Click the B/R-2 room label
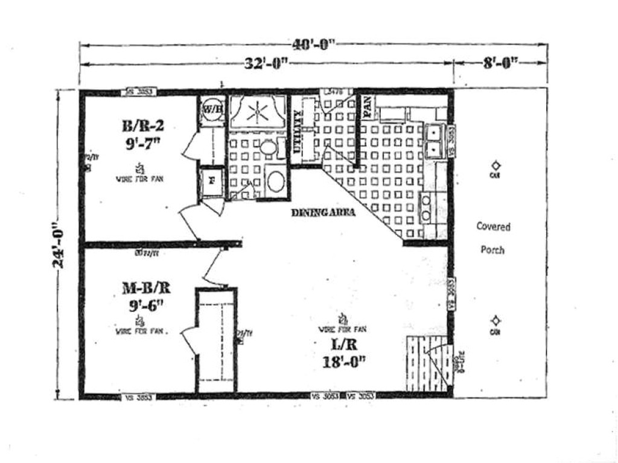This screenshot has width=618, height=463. [143, 126]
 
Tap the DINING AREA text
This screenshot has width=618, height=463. [323, 212]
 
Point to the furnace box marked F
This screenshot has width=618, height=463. [211, 180]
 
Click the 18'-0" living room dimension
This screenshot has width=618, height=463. [343, 363]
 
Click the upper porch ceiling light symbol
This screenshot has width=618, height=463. [495, 165]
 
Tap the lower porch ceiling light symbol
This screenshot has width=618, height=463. [495, 321]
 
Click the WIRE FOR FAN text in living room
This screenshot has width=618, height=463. [342, 329]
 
